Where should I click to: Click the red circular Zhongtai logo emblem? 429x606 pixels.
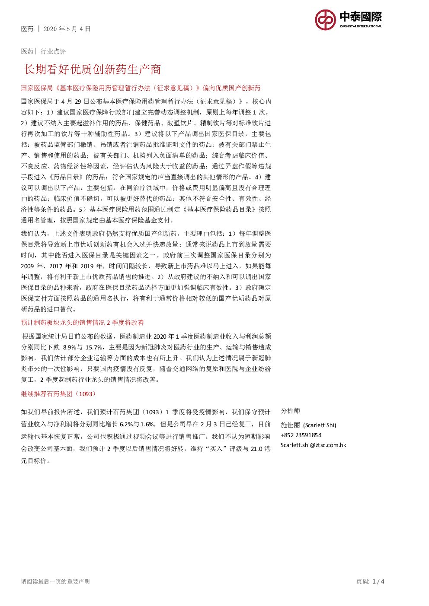tap(325, 20)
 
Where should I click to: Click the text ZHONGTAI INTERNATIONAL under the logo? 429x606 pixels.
tap(361, 26)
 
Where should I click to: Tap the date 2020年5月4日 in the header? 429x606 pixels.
tap(67, 29)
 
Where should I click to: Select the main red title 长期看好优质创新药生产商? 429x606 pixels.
tap(93, 69)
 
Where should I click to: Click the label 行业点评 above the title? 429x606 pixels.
tap(53, 51)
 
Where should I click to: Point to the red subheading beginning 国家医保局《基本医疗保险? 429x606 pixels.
tap(141, 88)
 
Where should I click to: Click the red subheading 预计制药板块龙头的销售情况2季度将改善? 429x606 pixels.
tap(82, 323)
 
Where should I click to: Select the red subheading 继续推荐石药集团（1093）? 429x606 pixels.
tap(58, 394)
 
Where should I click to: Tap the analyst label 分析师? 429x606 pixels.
tap(290, 411)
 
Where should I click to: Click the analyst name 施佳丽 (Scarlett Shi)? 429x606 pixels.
tap(308, 425)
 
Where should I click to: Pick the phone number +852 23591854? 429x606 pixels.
tap(301, 435)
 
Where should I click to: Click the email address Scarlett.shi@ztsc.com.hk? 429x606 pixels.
tap(314, 445)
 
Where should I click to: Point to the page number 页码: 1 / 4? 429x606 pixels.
tap(370, 581)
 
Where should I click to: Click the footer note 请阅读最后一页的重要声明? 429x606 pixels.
tap(55, 581)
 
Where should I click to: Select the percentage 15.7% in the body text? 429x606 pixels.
tap(94, 347)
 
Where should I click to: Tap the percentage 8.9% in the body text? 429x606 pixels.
tap(69, 347)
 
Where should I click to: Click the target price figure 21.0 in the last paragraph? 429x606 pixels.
tap(256, 449)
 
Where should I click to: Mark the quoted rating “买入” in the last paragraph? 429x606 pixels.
tap(216, 449)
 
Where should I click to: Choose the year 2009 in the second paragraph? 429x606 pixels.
tap(27, 266)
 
